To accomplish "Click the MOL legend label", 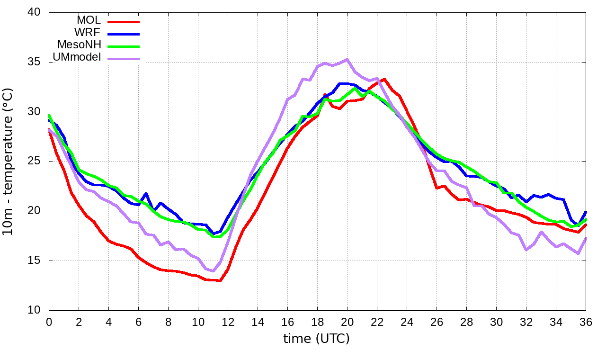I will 89,20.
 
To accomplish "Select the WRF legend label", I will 88,33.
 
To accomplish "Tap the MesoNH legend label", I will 79,45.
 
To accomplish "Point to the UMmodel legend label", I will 77,57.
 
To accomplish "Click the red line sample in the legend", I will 124,22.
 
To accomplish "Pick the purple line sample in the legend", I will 124,59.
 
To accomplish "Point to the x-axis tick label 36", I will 586,322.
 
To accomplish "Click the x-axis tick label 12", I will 228,322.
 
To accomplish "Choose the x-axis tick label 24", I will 407,322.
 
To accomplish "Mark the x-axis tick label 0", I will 49,322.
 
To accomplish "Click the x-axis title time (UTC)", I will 316,339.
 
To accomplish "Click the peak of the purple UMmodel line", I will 347,60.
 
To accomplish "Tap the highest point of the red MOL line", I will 384,80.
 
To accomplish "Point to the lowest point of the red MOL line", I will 220,280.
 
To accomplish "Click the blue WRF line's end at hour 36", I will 586,212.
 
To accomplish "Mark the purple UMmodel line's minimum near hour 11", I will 213,271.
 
